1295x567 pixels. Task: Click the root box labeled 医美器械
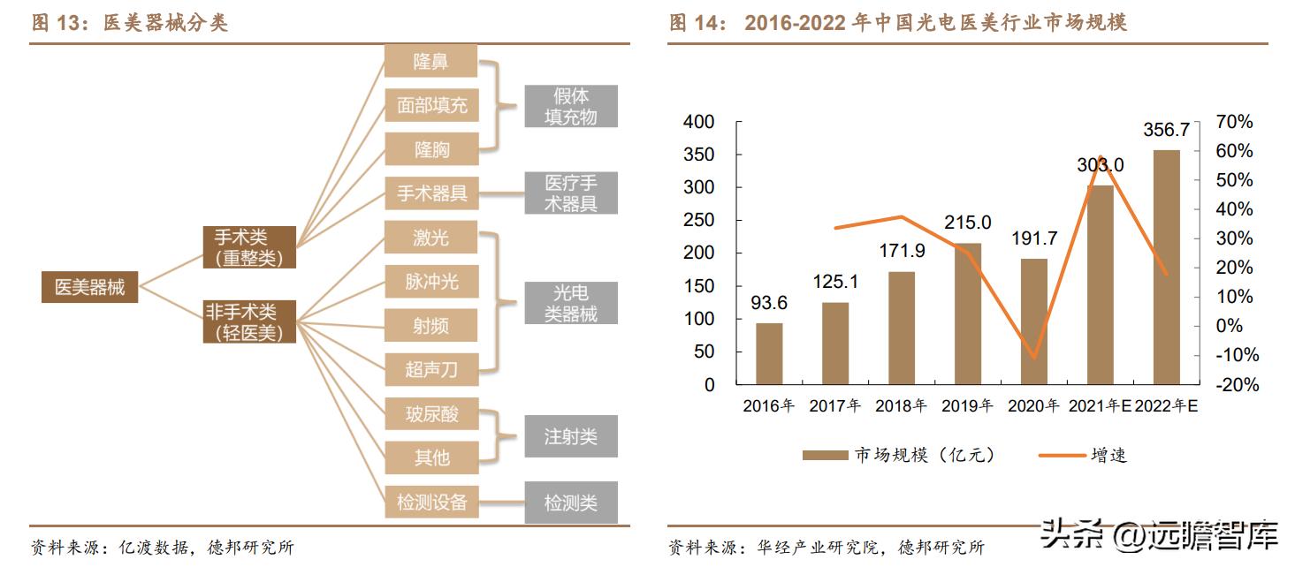[x=89, y=287]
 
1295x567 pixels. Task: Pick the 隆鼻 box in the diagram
[x=430, y=62]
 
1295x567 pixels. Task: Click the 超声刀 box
[x=430, y=369]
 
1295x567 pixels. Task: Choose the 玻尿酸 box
[x=430, y=413]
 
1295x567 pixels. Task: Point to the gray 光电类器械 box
[x=570, y=303]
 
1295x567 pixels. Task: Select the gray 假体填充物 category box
[x=570, y=106]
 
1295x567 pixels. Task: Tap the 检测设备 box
[x=430, y=502]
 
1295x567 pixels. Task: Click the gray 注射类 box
[x=570, y=436]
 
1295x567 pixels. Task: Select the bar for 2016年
[x=769, y=353]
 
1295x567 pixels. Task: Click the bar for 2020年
[x=1033, y=321]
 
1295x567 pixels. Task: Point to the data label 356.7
[x=1166, y=130]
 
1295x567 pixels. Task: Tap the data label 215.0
[x=967, y=223]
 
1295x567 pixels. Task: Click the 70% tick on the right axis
[x=1234, y=122]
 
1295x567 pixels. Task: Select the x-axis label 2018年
[x=901, y=406]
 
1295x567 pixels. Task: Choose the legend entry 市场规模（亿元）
[x=898, y=455]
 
